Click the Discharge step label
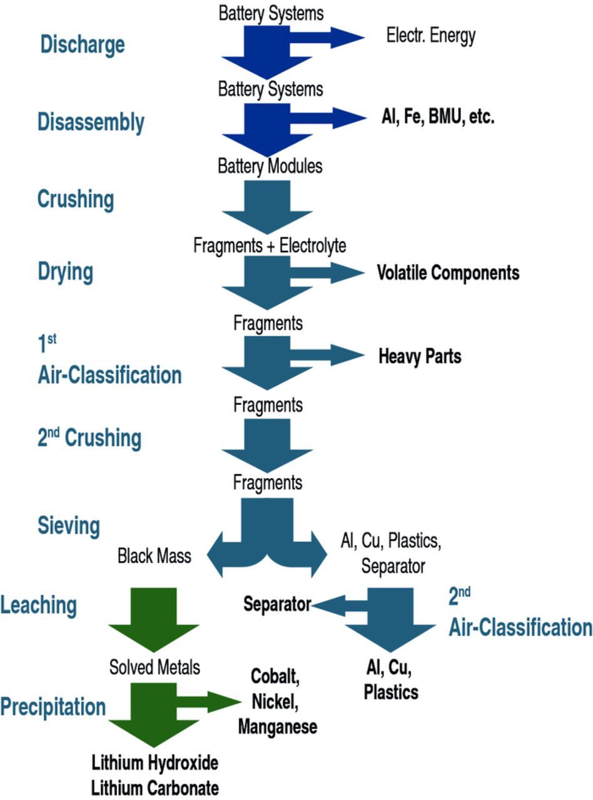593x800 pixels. (x=82, y=44)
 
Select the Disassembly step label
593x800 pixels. (x=91, y=122)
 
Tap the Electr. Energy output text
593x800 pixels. (x=430, y=36)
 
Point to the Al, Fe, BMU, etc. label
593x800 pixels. (x=438, y=117)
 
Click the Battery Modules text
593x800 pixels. (x=270, y=166)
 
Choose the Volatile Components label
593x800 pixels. (x=448, y=273)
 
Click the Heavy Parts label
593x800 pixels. (x=420, y=356)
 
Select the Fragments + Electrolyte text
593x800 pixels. (x=270, y=246)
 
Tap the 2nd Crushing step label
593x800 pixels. (x=89, y=437)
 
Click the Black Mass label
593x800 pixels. (x=155, y=556)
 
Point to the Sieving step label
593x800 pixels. (x=68, y=526)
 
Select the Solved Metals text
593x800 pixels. (x=155, y=667)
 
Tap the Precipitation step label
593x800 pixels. (x=53, y=707)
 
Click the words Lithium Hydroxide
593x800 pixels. (x=155, y=762)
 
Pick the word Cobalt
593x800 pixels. (x=275, y=676)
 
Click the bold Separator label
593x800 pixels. (x=276, y=604)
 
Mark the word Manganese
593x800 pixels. (x=277, y=727)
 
